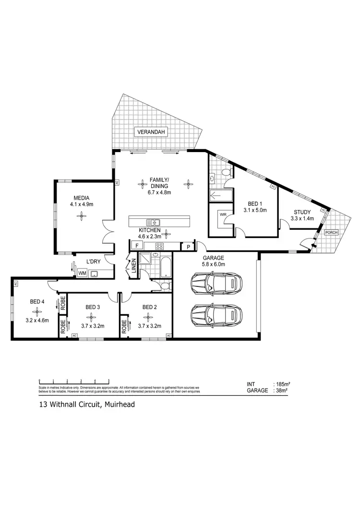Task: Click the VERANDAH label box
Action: [x=151, y=133]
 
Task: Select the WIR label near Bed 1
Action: [x=222, y=215]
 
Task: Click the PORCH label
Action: [x=331, y=232]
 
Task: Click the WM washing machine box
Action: [x=82, y=273]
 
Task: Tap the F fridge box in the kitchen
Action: [x=137, y=246]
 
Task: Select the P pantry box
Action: [x=188, y=246]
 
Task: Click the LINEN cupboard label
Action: [x=134, y=266]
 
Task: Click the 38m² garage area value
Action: [x=280, y=391]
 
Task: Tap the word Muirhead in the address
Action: [x=118, y=404]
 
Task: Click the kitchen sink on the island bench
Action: [x=153, y=222]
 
